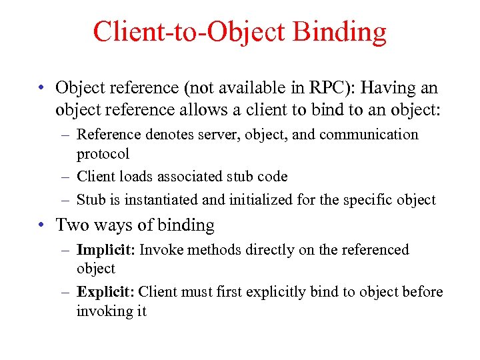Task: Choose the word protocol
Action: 103,154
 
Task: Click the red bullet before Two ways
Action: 41,225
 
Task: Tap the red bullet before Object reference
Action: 41,88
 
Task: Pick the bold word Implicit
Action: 106,250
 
